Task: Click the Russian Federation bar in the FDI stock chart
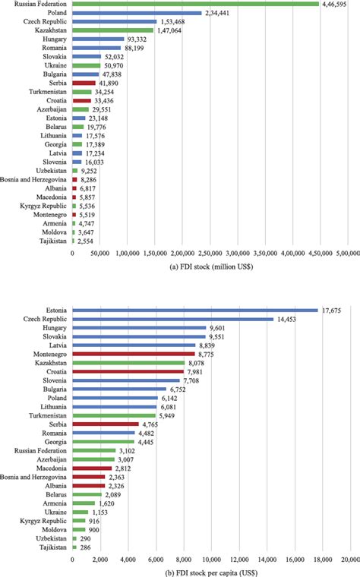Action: pyautogui.click(x=195, y=4)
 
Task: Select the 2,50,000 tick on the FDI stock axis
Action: pyautogui.click(x=210, y=253)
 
